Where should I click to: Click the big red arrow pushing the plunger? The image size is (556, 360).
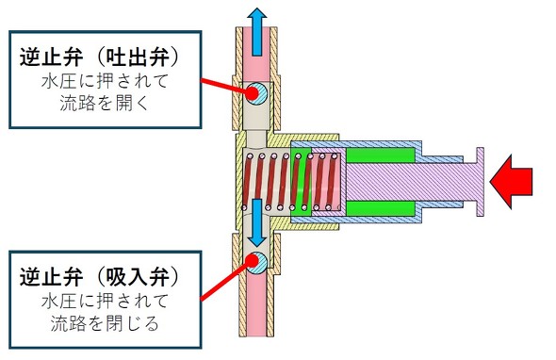[x=511, y=181]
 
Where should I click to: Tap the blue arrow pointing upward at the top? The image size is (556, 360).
[x=256, y=31]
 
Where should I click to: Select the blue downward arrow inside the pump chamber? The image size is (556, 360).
[x=256, y=222]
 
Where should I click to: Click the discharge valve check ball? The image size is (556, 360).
[x=256, y=92]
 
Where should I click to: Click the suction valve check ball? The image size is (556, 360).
[x=256, y=263]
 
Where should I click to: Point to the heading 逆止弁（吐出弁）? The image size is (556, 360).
[x=99, y=57]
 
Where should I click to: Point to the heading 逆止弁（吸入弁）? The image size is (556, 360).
[x=99, y=277]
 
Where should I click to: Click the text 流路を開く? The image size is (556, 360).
[x=104, y=104]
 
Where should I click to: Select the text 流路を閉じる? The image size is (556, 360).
[x=105, y=323]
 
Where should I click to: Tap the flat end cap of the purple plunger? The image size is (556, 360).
[x=480, y=182]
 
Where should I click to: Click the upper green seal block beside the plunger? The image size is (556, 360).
[x=381, y=155]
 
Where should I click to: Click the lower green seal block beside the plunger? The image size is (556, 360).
[x=381, y=208]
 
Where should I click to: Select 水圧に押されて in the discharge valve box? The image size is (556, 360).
[x=105, y=82]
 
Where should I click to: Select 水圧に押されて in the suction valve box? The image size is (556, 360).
[x=105, y=302]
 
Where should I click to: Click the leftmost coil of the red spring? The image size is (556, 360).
[x=248, y=182]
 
